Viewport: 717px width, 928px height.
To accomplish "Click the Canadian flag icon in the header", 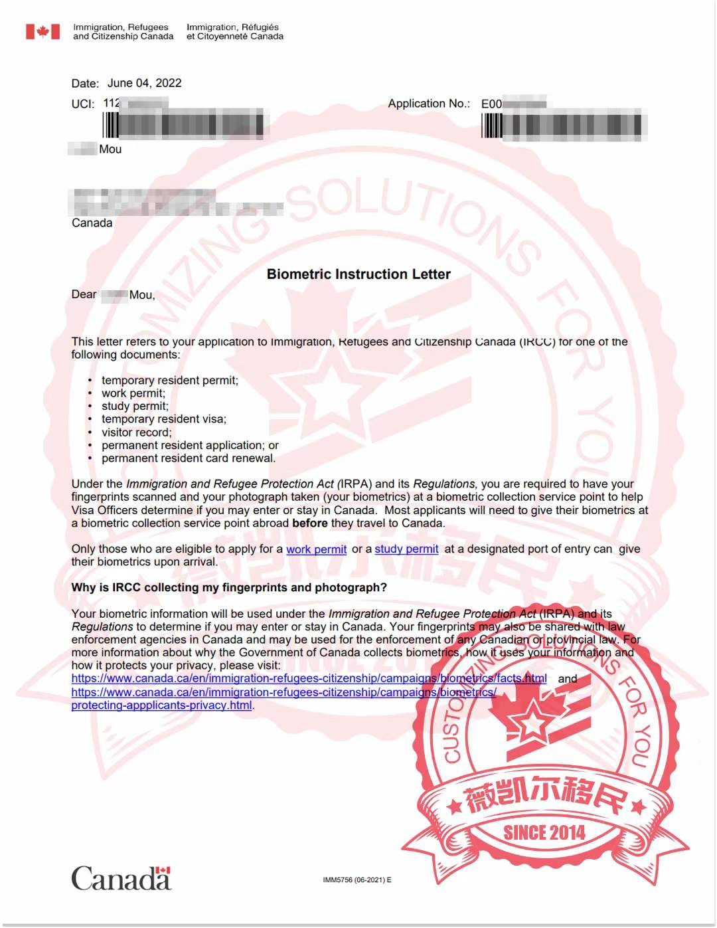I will [42, 32].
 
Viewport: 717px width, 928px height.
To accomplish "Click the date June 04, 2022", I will [144, 83].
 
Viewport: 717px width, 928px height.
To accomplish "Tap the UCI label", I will [82, 104].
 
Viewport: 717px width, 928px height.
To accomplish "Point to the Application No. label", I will [428, 104].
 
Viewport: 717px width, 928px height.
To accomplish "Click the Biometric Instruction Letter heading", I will [358, 274].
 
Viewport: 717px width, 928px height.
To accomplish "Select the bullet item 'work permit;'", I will [133, 393].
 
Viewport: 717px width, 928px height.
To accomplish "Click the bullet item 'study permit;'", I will [135, 406].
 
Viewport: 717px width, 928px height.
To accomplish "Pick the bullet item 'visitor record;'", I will [136, 432].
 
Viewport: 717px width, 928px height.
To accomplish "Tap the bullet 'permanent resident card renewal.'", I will [189, 458].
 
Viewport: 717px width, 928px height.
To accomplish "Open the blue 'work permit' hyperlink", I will [316, 549].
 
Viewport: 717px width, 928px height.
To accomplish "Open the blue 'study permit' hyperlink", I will [406, 549].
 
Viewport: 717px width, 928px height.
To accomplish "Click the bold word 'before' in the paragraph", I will [309, 523].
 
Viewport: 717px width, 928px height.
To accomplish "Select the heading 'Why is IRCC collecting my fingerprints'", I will [229, 588].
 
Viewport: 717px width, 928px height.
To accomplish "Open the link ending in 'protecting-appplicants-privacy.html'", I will [161, 705].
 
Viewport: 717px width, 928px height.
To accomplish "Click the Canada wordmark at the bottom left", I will [121, 878].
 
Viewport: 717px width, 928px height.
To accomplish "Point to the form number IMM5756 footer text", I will [357, 880].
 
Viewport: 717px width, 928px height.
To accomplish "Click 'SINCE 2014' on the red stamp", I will [544, 833].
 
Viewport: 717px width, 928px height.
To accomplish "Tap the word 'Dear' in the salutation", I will [84, 294].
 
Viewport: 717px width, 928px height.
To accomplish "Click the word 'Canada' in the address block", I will [92, 223].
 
